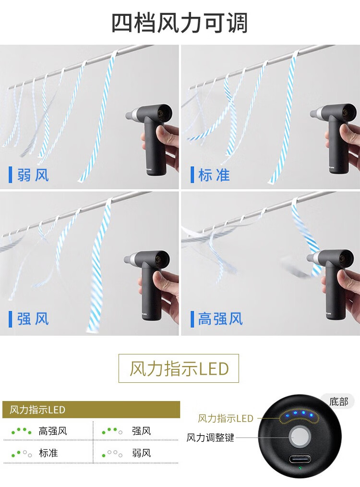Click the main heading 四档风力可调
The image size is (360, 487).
tap(180, 24)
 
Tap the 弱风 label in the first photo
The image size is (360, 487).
tap(33, 174)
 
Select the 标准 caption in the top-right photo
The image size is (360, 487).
tap(214, 174)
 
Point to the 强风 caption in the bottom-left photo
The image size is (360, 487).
tap(33, 319)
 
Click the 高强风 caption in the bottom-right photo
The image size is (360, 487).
tap(220, 319)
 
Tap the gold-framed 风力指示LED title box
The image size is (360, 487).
tap(179, 368)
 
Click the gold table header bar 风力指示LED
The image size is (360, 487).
tap(91, 410)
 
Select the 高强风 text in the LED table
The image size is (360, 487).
tap(53, 431)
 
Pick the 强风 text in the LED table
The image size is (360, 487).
tap(142, 431)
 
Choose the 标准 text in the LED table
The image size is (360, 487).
tap(48, 453)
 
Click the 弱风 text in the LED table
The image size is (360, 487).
tap(142, 453)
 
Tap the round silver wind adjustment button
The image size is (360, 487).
tap(300, 437)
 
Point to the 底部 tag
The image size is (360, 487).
tap(338, 402)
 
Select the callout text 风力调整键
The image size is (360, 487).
tap(210, 438)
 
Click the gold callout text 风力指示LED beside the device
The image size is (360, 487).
tap(226, 418)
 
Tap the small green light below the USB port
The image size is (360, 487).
tap(300, 468)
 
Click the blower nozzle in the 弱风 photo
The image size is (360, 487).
tap(132, 115)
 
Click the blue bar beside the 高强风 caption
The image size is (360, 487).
tap(192, 319)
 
